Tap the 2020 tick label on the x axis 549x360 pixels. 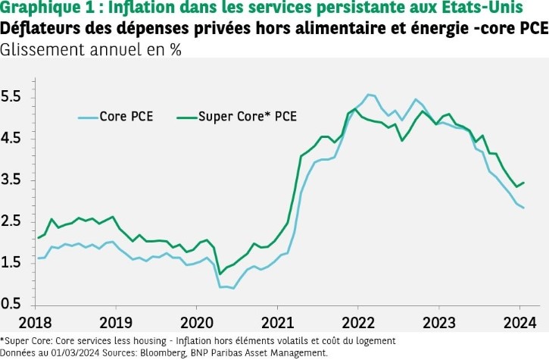coord(195,321)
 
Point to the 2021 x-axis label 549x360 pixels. coord(276,321)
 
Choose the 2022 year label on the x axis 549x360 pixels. coord(358,321)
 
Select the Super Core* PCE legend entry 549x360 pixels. coord(247,117)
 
